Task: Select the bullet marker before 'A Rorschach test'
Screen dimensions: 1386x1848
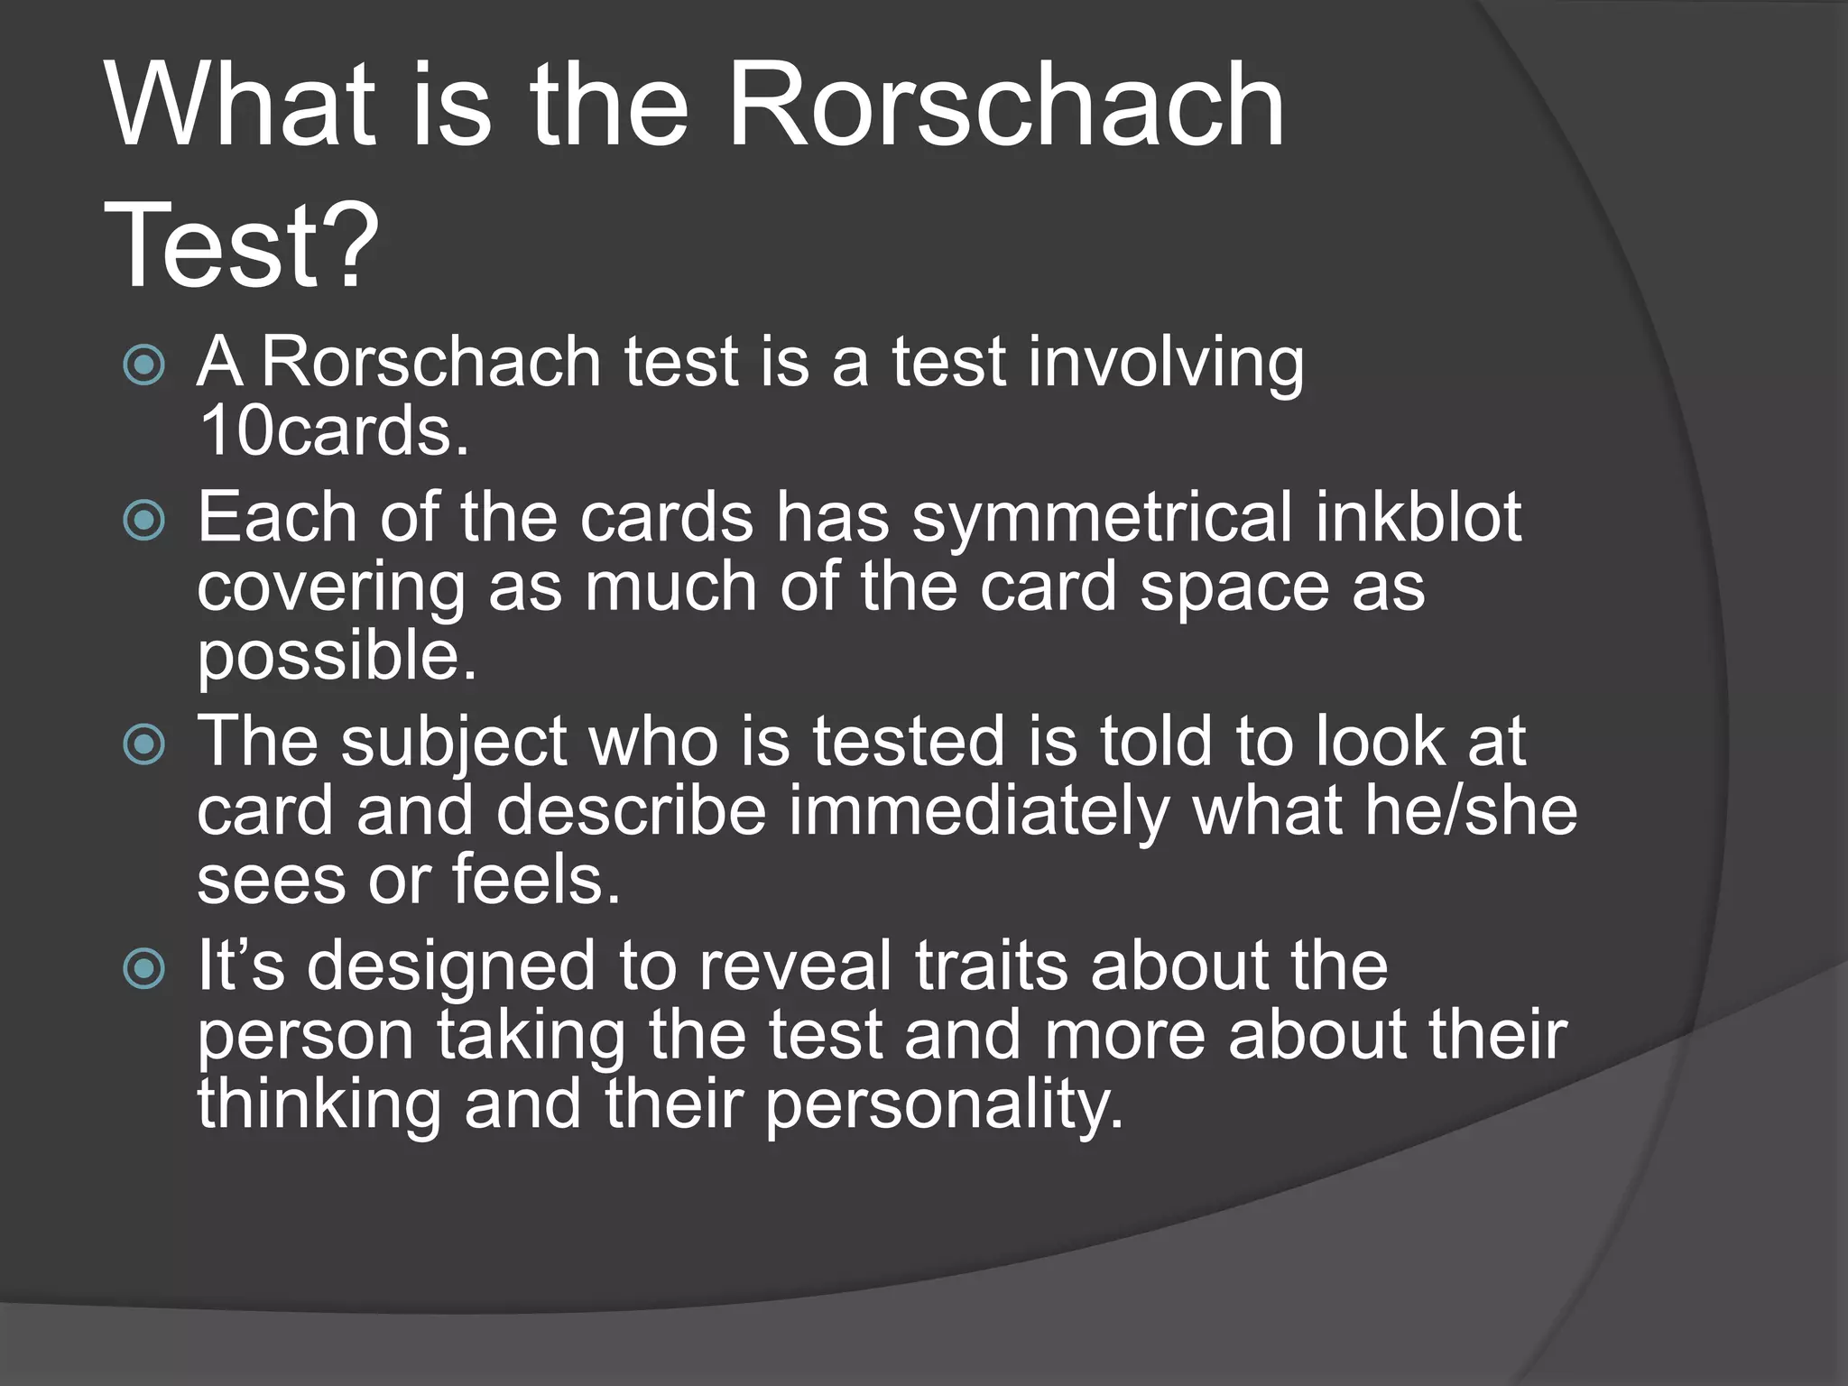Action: click(144, 365)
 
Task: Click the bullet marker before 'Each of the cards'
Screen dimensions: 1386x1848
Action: click(144, 520)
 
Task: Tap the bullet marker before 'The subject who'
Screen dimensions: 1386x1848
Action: click(144, 744)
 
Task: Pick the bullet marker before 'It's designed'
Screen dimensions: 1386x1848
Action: click(144, 969)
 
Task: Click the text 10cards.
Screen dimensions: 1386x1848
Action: click(334, 431)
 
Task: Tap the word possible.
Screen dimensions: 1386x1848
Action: click(336, 657)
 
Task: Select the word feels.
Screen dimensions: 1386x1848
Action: click(536, 879)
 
